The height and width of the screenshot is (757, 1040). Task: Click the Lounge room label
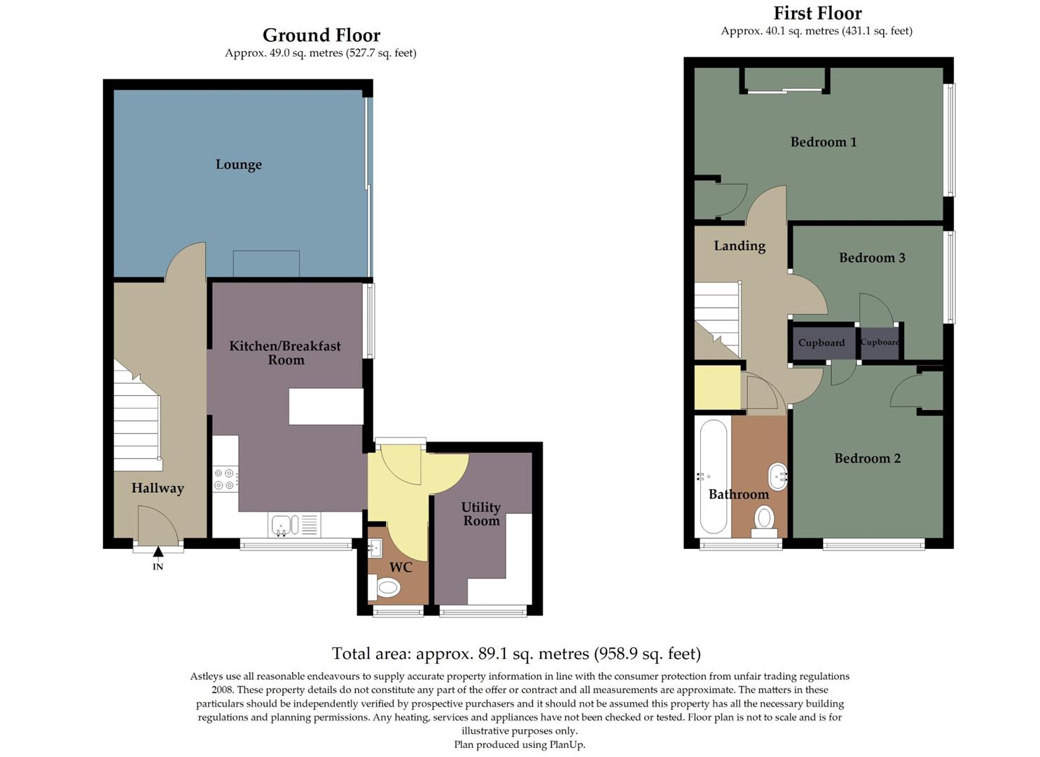point(239,165)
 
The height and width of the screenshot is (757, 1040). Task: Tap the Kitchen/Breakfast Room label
point(285,353)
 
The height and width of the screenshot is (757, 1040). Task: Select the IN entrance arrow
point(158,552)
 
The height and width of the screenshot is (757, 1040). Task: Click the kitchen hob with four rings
point(225,479)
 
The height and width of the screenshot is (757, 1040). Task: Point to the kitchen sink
point(284,524)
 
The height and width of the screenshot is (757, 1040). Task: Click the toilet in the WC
point(386,587)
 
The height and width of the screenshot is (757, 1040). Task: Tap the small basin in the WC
point(375,547)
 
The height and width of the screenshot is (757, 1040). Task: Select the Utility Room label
point(480,514)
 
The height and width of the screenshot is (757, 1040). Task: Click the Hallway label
point(158,488)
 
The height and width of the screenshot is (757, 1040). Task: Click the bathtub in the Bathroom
point(714,478)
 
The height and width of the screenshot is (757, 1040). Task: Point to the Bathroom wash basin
point(778,477)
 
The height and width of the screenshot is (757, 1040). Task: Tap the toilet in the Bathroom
point(764,520)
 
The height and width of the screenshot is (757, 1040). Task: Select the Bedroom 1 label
point(823,142)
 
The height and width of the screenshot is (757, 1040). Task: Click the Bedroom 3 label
point(872,258)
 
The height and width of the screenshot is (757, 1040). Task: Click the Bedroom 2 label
point(867,458)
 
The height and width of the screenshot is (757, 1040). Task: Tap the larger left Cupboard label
point(821,343)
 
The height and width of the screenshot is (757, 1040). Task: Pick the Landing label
point(740,246)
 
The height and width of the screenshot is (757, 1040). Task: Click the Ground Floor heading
point(321,35)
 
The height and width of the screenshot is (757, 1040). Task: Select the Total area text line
point(516,654)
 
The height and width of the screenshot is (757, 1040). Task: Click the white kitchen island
point(326,406)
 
